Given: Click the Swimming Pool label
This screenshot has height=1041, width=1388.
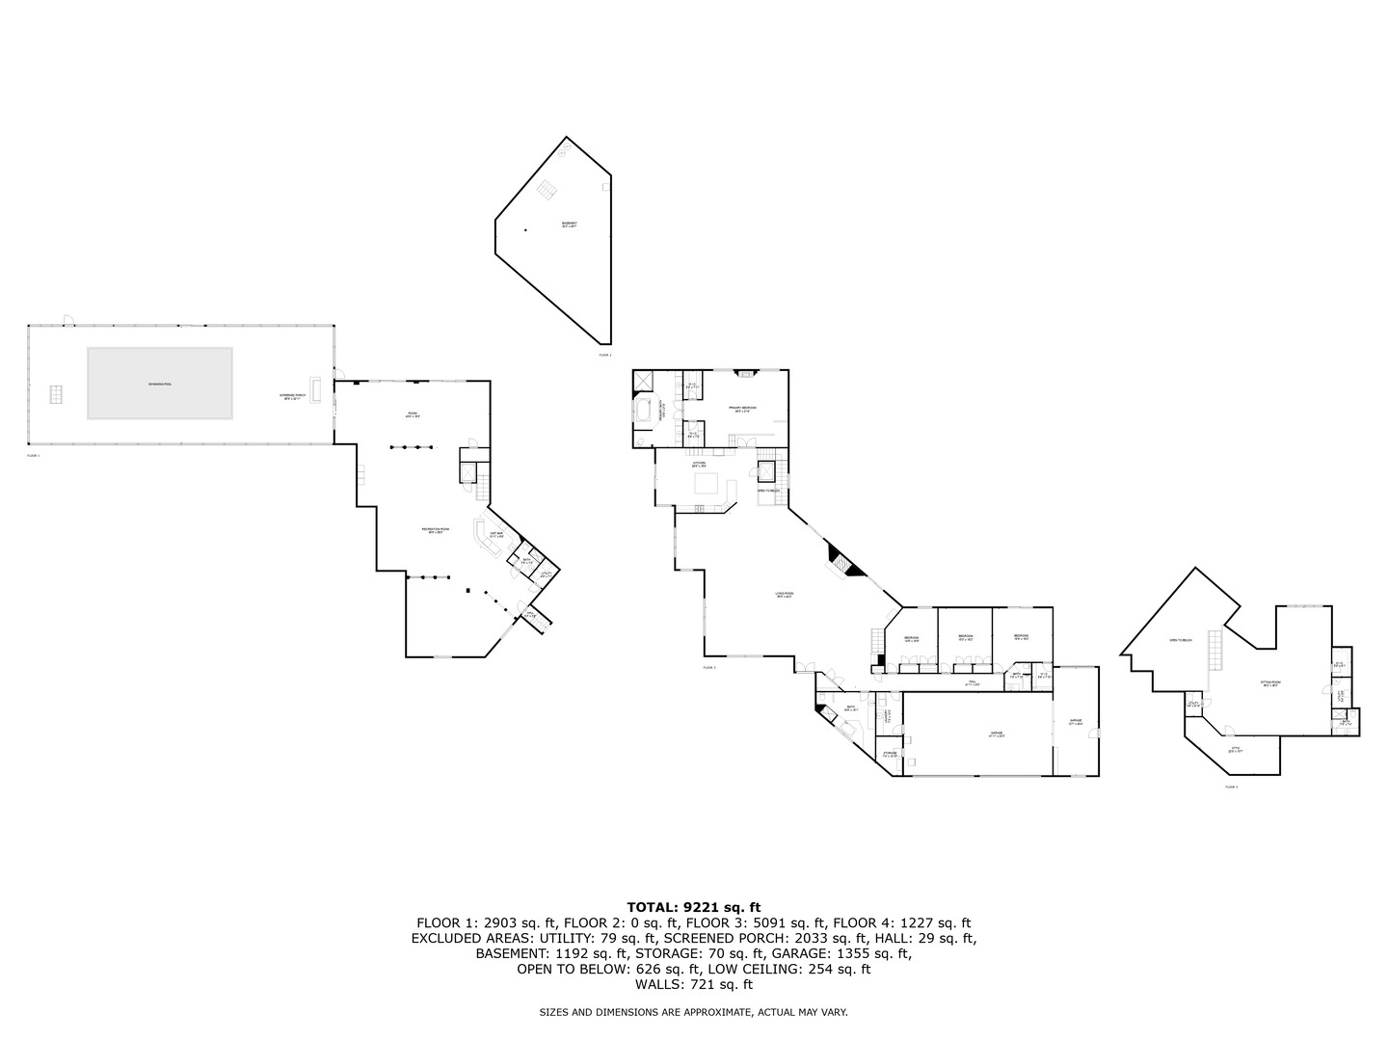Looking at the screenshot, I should pyautogui.click(x=160, y=384).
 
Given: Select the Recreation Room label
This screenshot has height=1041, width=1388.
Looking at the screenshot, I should pyautogui.click(x=431, y=530).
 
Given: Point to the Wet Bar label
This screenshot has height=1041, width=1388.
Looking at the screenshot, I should pyautogui.click(x=496, y=534).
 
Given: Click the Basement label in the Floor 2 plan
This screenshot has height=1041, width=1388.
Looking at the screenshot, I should pyautogui.click(x=570, y=225).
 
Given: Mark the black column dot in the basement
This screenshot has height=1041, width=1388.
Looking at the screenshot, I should pyautogui.click(x=526, y=229).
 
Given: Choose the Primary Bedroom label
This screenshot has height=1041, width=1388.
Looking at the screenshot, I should pyautogui.click(x=742, y=409).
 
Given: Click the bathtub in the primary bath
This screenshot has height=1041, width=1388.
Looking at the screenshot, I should pyautogui.click(x=642, y=412).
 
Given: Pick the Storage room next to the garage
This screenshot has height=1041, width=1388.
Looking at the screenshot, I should pyautogui.click(x=889, y=755).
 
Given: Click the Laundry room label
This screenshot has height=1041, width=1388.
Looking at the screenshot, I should pyautogui.click(x=889, y=717).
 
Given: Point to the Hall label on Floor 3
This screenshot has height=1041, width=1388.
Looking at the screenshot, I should pyautogui.click(x=973, y=682).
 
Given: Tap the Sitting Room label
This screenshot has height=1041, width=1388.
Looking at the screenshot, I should pyautogui.click(x=1270, y=684).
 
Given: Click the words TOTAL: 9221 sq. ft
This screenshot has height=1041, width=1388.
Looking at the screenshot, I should pyautogui.click(x=693, y=907).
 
